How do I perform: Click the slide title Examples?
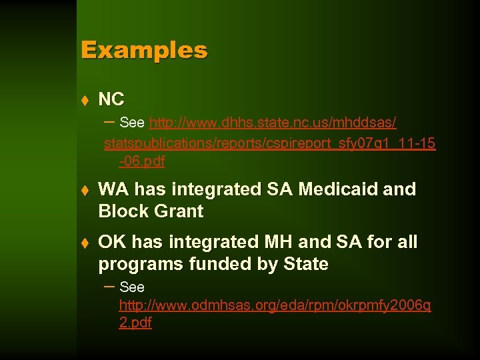click(x=144, y=50)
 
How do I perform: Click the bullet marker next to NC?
click(x=85, y=100)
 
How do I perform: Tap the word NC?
click(x=111, y=99)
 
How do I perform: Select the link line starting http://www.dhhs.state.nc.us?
click(x=273, y=123)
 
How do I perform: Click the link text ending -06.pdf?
click(x=141, y=161)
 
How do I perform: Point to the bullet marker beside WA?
click(x=85, y=190)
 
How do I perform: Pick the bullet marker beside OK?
click(x=85, y=243)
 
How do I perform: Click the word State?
click(x=306, y=264)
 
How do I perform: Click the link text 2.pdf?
click(x=135, y=323)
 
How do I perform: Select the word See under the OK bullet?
click(x=132, y=287)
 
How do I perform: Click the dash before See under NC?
click(x=111, y=121)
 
